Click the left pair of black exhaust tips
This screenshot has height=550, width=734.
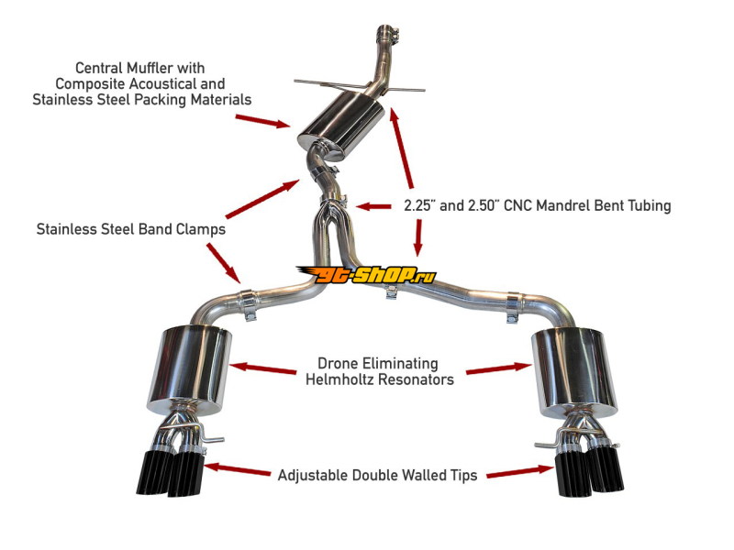(174, 467)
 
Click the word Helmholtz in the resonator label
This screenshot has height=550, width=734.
(344, 379)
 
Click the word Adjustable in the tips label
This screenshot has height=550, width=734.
(312, 475)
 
